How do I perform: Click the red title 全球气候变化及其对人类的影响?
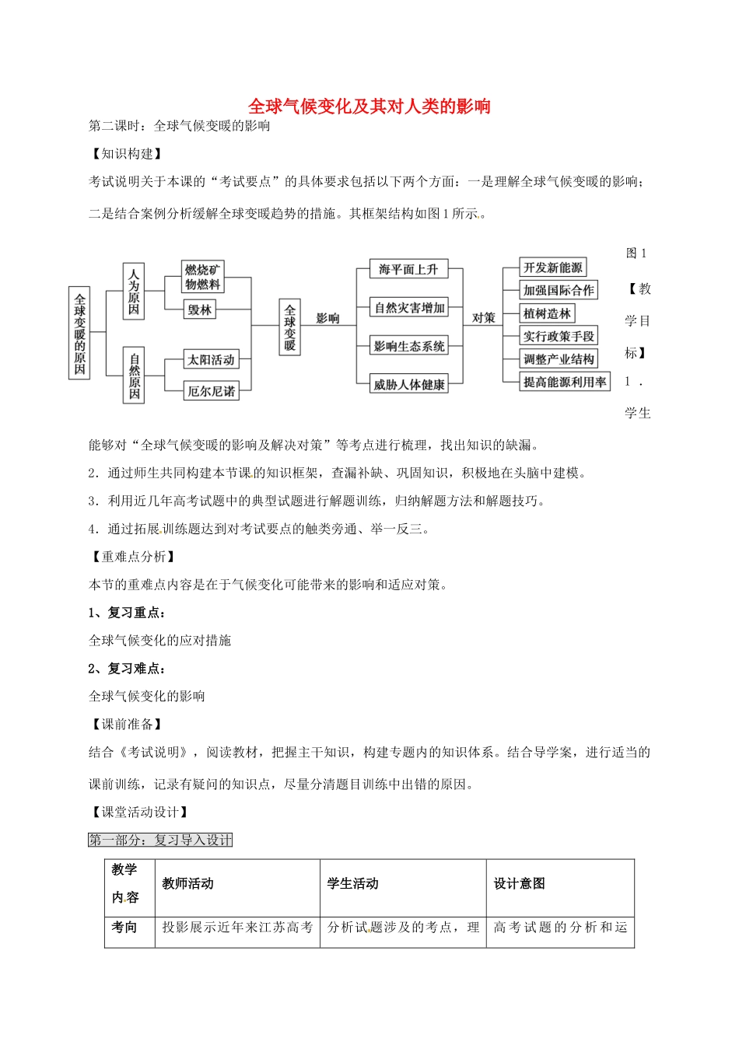tap(369, 107)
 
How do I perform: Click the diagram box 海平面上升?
tap(408, 270)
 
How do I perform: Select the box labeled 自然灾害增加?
tap(409, 308)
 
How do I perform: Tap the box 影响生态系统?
tap(409, 346)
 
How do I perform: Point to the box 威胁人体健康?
tap(409, 384)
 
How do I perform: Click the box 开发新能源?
tap(553, 267)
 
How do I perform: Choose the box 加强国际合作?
tap(559, 291)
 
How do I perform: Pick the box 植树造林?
tap(548, 313)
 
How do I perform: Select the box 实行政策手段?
tap(559, 336)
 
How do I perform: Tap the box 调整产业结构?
tap(559, 359)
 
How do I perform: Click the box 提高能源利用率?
tap(565, 382)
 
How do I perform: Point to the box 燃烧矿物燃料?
tap(202, 277)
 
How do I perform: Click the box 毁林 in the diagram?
tap(199, 309)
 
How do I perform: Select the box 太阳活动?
tap(211, 360)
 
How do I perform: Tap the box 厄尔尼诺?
tap(211, 391)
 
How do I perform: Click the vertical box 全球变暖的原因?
tap(80, 334)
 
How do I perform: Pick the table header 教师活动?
tap(188, 883)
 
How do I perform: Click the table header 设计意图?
tap(520, 883)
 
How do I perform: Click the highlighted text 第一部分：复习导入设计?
tap(160, 840)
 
